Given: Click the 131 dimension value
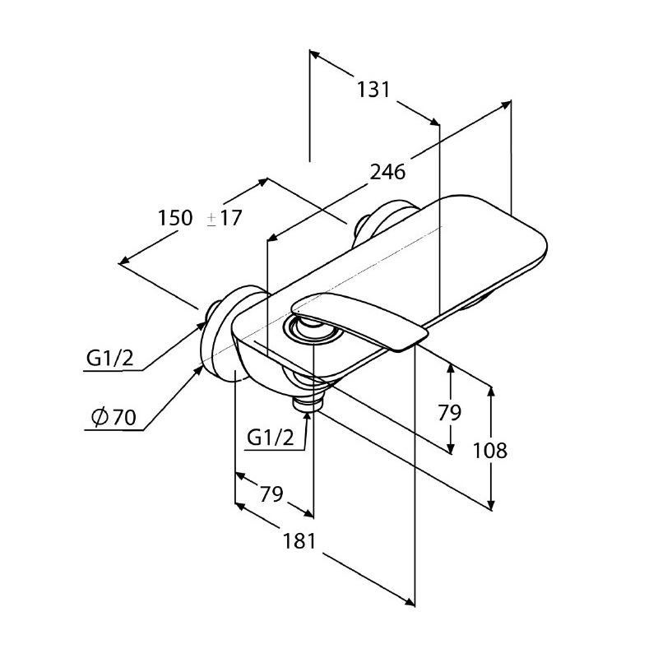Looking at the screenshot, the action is click(x=373, y=90).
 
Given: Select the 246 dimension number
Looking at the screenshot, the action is click(x=387, y=172).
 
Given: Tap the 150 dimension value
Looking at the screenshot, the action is click(x=175, y=218).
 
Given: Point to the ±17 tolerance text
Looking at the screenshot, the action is click(x=225, y=218).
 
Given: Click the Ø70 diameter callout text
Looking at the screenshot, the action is click(x=114, y=417).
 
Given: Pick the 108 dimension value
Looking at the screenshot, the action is click(x=489, y=450).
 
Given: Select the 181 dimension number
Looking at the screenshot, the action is click(x=299, y=541).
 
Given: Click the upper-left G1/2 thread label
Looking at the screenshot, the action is click(x=110, y=358).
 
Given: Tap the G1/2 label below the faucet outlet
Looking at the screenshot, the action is click(x=271, y=438).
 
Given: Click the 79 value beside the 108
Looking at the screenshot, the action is click(x=449, y=412).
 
